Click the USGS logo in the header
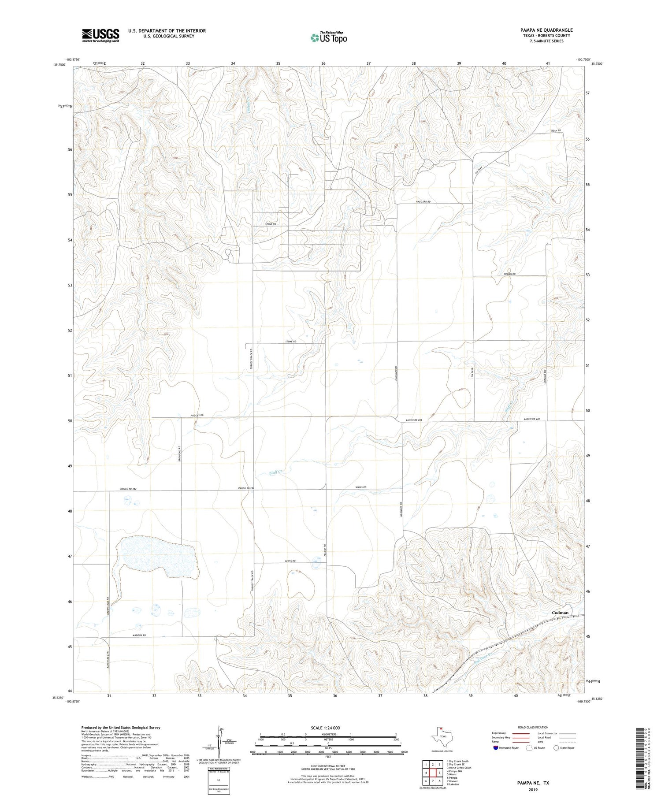100,35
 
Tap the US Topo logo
328,37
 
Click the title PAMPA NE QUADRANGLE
546,30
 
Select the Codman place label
560,613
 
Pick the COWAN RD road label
509,274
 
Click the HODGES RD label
197,416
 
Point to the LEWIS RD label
289,561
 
